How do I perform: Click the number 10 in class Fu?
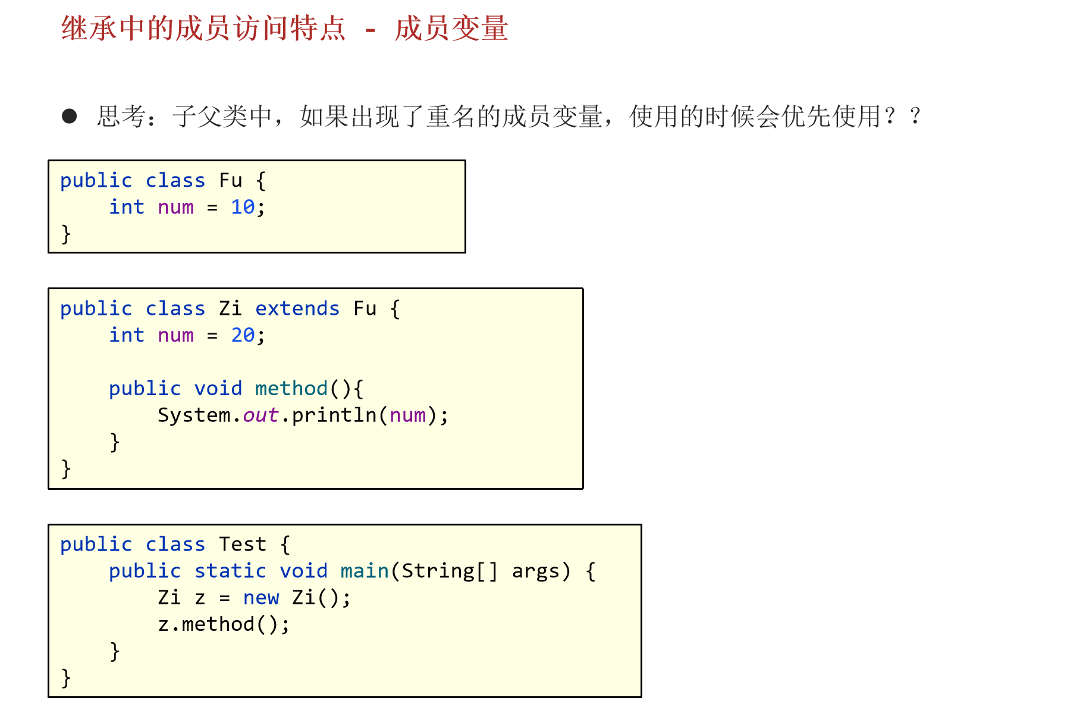pyautogui.click(x=243, y=207)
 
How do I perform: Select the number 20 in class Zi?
pyautogui.click(x=243, y=336)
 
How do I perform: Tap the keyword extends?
pyautogui.click(x=297, y=309)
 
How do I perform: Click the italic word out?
pyautogui.click(x=260, y=415)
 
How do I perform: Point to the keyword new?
pyautogui.click(x=260, y=597)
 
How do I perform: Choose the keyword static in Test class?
pyautogui.click(x=230, y=571)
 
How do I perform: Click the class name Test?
pyautogui.click(x=243, y=545)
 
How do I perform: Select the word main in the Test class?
pyautogui.click(x=364, y=571)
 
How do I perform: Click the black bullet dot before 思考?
pyautogui.click(x=70, y=116)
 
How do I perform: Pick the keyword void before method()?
pyautogui.click(x=218, y=389)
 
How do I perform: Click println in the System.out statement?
pyautogui.click(x=334, y=415)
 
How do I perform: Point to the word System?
pyautogui.click(x=193, y=415)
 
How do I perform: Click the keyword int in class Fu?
pyautogui.click(x=127, y=207)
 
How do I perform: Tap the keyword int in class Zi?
pyautogui.click(x=127, y=336)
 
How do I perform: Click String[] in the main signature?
pyautogui.click(x=450, y=571)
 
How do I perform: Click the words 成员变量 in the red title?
pyautogui.click(x=451, y=29)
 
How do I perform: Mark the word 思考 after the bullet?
pyautogui.click(x=122, y=116)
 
